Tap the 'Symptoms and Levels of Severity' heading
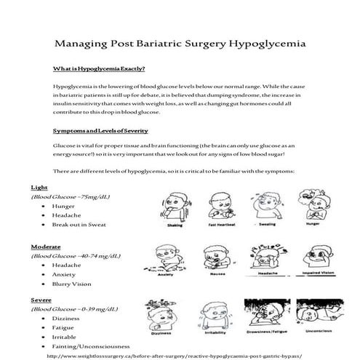point(100,131)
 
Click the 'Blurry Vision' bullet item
point(71,284)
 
